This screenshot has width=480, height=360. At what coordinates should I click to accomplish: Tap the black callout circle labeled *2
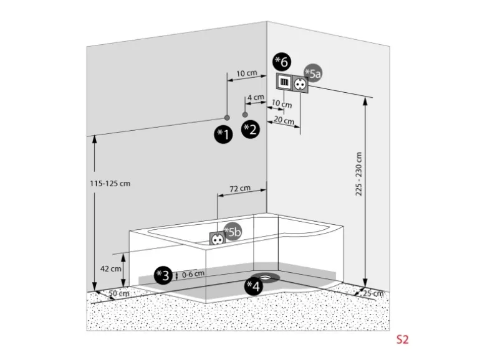(x=250, y=130)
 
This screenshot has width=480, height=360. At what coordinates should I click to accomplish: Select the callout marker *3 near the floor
(x=163, y=275)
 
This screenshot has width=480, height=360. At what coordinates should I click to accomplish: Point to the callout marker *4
(x=253, y=286)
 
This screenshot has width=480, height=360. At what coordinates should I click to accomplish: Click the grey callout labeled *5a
(x=313, y=73)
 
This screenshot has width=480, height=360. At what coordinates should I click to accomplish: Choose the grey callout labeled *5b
(x=233, y=232)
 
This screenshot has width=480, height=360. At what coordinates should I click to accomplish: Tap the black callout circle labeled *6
(x=282, y=62)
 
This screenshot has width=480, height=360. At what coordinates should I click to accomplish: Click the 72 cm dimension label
(x=240, y=188)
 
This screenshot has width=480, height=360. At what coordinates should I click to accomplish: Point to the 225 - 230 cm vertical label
(x=358, y=176)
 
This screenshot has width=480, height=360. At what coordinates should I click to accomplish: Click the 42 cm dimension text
(x=112, y=268)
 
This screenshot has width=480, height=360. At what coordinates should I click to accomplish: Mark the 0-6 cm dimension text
(x=193, y=273)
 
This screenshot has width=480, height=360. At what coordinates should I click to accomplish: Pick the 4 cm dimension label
(x=255, y=98)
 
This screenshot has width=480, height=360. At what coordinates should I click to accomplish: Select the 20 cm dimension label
(x=284, y=121)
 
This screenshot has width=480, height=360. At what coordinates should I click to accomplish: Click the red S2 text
(x=402, y=340)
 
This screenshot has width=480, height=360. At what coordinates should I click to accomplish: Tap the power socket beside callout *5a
(x=299, y=83)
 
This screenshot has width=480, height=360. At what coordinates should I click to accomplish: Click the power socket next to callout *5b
(x=218, y=238)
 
